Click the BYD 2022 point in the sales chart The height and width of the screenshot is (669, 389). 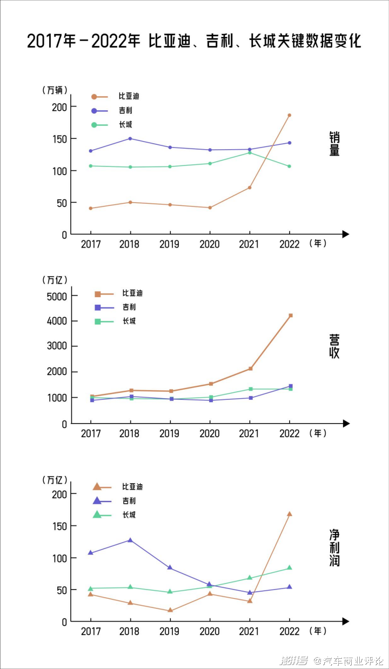pyautogui.click(x=290, y=115)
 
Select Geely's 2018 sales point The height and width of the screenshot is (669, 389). pyautogui.click(x=130, y=138)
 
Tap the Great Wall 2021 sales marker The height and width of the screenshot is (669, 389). pyautogui.click(x=250, y=152)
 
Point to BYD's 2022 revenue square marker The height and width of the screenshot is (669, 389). pyautogui.click(x=291, y=316)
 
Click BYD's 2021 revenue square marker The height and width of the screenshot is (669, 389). pyautogui.click(x=250, y=369)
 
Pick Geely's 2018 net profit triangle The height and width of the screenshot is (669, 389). pyautogui.click(x=130, y=540)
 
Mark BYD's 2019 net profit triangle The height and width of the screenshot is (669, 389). pyautogui.click(x=170, y=611)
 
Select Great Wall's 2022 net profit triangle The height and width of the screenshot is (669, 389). pyautogui.click(x=290, y=567)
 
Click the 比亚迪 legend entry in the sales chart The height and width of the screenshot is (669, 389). pyautogui.click(x=129, y=96)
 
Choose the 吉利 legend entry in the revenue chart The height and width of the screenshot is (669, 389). pyautogui.click(x=129, y=307)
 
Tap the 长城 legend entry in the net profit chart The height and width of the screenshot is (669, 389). pyautogui.click(x=129, y=515)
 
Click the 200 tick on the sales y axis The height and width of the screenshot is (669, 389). pyautogui.click(x=60, y=107)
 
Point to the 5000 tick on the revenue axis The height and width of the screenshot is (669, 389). pyautogui.click(x=57, y=296)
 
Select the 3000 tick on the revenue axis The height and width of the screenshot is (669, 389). pyautogui.click(x=57, y=346)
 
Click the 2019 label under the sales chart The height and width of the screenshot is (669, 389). pyautogui.click(x=170, y=244)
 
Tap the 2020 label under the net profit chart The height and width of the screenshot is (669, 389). pyautogui.click(x=210, y=631)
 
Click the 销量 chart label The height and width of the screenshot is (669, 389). pyautogui.click(x=335, y=144)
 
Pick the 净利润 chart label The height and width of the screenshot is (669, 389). pyautogui.click(x=335, y=547)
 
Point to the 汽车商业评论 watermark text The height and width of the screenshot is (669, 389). pyautogui.click(x=349, y=660)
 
